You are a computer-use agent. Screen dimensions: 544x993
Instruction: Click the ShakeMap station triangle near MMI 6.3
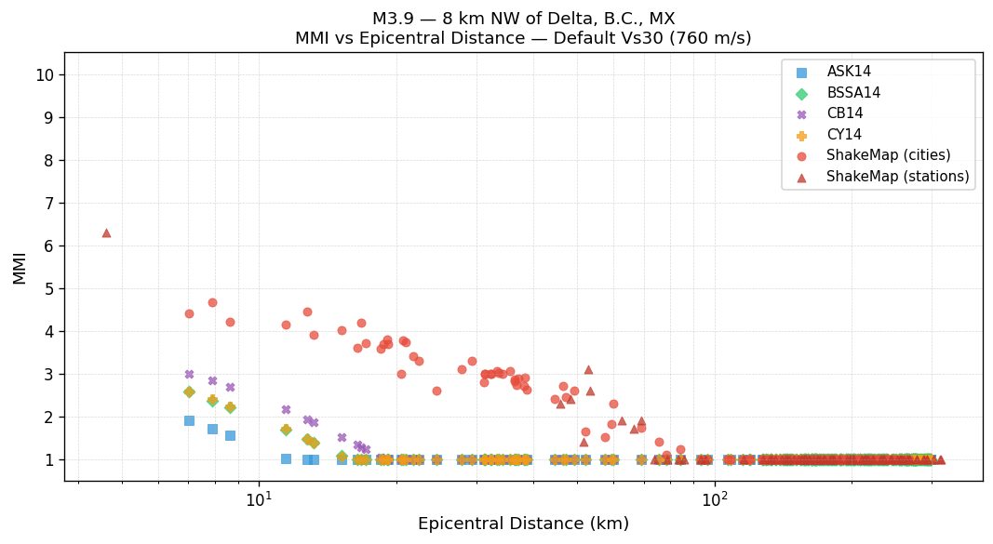coord(106,232)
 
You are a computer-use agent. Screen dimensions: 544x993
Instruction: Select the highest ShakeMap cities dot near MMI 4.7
coord(212,302)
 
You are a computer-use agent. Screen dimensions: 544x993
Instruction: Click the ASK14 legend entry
coord(849,72)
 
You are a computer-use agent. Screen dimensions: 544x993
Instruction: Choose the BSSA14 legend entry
coord(853,93)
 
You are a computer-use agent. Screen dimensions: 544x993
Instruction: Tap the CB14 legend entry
coord(844,113)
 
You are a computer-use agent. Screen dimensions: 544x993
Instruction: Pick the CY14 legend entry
coord(844,135)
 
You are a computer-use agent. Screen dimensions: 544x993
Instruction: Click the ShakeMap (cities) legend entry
coord(888,155)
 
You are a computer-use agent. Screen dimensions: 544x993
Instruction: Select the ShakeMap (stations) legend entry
coord(897,177)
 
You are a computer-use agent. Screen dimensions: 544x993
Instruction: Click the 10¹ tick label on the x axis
coord(259,499)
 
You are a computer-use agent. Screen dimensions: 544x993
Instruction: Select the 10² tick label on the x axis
coord(715,499)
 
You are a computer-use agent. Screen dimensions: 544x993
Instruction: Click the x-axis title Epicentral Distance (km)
coord(523,524)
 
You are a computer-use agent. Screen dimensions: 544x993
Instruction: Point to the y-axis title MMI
coord(20,267)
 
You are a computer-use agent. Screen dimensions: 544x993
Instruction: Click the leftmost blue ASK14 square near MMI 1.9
coord(189,420)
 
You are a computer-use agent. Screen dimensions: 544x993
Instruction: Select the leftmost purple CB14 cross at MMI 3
coord(189,374)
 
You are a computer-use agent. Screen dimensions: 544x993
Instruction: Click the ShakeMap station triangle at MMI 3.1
coord(588,369)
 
